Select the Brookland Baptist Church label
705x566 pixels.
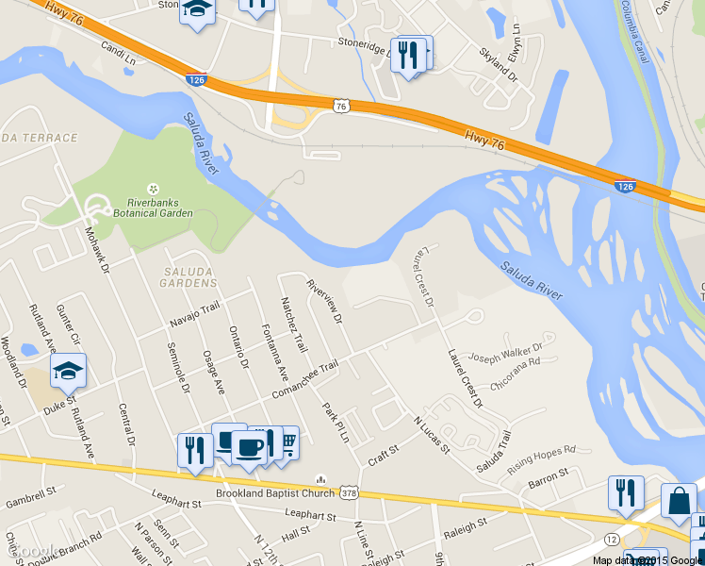pyautogui.click(x=275, y=493)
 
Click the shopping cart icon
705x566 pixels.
pyautogui.click(x=287, y=441)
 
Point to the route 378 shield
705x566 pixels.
pyautogui.click(x=350, y=493)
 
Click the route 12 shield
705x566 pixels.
pyautogui.click(x=612, y=538)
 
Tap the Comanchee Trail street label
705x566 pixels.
pyautogui.click(x=304, y=379)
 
